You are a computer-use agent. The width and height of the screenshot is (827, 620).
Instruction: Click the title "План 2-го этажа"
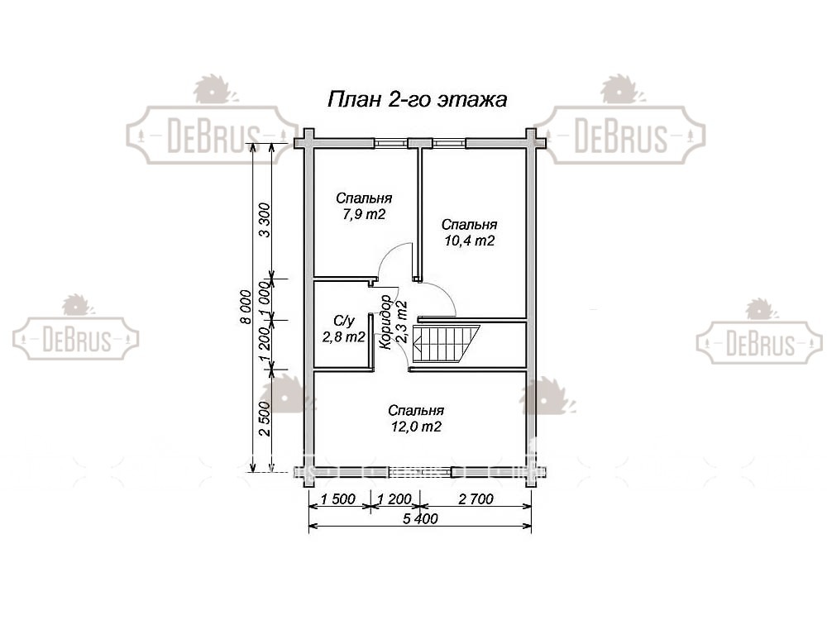pyautogui.click(x=417, y=99)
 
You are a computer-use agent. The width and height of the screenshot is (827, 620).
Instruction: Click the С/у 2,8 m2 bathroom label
pyautogui.click(x=344, y=329)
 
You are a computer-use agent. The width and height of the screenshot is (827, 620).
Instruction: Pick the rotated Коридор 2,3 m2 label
pyautogui.click(x=394, y=322)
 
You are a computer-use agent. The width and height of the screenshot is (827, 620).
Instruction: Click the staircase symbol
pyautogui.click(x=447, y=344)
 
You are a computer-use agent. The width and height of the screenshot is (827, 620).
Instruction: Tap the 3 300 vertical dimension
pyautogui.click(x=265, y=220)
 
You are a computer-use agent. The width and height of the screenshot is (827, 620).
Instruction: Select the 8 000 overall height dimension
pyautogui.click(x=246, y=307)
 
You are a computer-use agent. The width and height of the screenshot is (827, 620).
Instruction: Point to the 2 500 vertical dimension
pyautogui.click(x=265, y=418)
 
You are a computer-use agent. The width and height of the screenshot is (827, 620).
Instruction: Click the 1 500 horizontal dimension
pyautogui.click(x=338, y=498)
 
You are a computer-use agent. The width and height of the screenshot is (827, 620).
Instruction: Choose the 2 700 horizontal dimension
pyautogui.click(x=476, y=498)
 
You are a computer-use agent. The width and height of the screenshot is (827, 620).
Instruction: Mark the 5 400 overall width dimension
pyautogui.click(x=420, y=519)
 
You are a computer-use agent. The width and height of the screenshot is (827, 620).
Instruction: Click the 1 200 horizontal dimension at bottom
pyautogui.click(x=394, y=498)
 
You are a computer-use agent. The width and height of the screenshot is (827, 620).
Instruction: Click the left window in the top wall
pyautogui.click(x=390, y=142)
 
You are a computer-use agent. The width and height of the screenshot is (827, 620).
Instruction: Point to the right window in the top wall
pyautogui.click(x=449, y=142)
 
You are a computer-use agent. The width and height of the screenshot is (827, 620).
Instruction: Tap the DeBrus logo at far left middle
pyautogui.click(x=76, y=330)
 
